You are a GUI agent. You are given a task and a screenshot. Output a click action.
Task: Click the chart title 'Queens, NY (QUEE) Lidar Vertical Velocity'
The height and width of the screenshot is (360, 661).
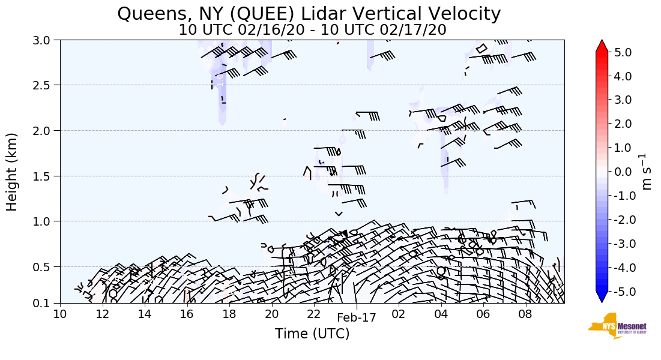(x=309, y=13)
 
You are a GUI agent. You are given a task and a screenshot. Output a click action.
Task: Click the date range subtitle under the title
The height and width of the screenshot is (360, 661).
(x=312, y=30)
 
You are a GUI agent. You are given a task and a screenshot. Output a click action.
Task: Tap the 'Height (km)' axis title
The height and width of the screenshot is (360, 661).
(x=12, y=172)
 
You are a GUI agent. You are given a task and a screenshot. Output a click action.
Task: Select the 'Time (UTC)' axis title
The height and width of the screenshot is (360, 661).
(x=312, y=334)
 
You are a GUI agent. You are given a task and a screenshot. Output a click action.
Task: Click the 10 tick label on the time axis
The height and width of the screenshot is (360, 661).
(x=60, y=314)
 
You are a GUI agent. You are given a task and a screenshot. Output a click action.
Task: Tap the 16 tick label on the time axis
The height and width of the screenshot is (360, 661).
(x=187, y=314)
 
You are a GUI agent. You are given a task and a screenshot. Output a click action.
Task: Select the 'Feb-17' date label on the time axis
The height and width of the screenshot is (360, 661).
(x=357, y=318)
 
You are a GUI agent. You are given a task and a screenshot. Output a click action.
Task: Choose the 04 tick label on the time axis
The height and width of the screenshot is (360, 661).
(x=441, y=314)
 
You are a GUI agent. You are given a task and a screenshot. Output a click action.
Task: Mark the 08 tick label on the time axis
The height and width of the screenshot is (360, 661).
(x=526, y=314)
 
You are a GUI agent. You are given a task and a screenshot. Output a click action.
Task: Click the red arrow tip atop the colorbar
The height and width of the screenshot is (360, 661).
(x=602, y=46)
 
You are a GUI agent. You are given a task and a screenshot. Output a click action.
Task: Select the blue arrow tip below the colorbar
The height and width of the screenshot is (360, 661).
(x=602, y=298)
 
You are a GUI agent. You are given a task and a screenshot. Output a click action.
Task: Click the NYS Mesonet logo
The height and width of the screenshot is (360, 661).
(x=613, y=325)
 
